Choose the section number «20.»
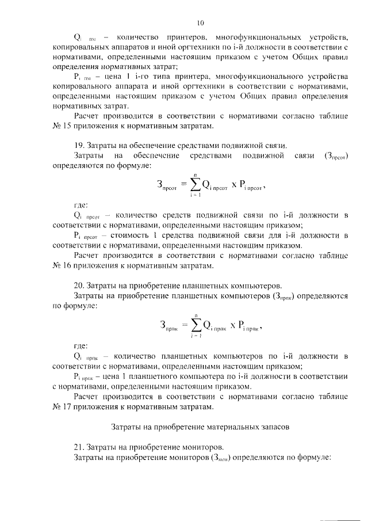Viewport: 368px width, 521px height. [x=81, y=285]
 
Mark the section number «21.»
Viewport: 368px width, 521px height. [x=81, y=447]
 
